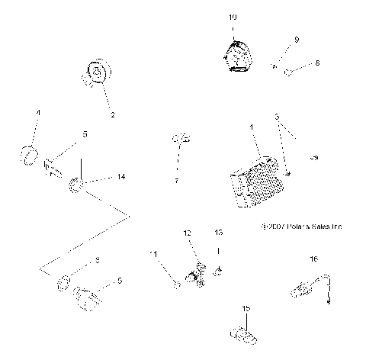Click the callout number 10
[x=233, y=16]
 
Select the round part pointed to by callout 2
[x=98, y=76]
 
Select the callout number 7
[x=176, y=182]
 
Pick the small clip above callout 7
[x=180, y=139]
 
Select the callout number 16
[x=313, y=260]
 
